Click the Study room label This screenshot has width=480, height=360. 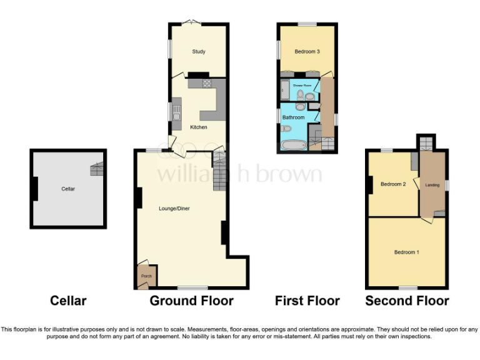coord(199,52)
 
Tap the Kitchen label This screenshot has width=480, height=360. coord(198,127)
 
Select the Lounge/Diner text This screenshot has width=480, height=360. coord(174,208)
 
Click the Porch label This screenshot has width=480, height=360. coord(146,276)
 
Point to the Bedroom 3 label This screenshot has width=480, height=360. coord(307,51)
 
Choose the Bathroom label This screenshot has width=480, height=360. coord(293,117)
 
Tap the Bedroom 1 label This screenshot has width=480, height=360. coord(406,252)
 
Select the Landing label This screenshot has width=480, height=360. coord(432,185)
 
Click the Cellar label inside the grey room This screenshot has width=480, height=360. coord(68,188)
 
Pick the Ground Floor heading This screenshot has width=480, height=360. coord(191,301)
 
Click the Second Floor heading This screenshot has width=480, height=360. coord(407,301)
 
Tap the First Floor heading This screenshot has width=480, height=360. coord(307,301)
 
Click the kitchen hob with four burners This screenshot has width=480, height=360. coord(207,83)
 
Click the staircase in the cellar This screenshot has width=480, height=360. coord(97,167)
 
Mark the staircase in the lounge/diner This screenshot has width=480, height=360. coord(219,172)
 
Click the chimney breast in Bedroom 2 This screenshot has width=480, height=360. coord(371,185)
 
